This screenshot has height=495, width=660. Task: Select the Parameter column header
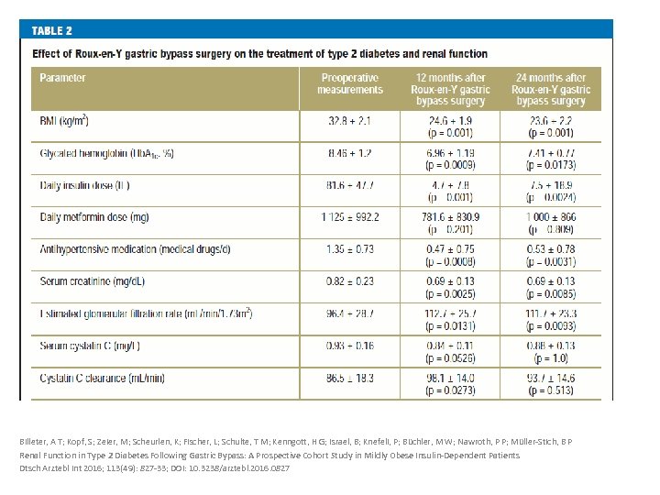(x=62, y=78)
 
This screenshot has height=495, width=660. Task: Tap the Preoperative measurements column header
(x=350, y=84)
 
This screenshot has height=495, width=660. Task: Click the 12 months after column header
(x=450, y=89)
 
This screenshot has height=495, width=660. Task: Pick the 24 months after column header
(x=550, y=89)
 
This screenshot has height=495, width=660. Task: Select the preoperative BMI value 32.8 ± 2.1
(x=350, y=121)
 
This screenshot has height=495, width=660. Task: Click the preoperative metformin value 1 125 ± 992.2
(x=350, y=217)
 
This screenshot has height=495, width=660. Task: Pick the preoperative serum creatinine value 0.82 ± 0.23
(x=350, y=280)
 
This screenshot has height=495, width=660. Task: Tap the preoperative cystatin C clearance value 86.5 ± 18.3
(x=350, y=378)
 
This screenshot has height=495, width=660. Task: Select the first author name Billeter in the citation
(x=37, y=442)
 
